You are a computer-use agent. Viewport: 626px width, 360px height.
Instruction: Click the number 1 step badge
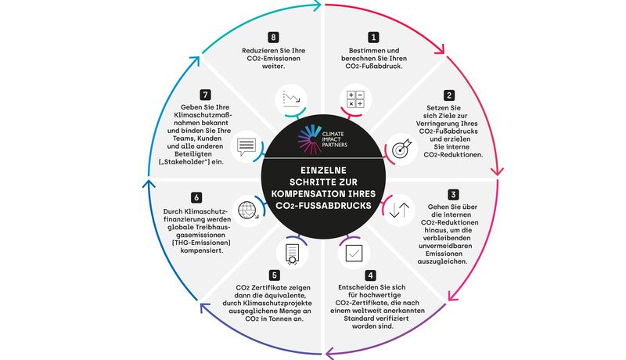pos(373,38)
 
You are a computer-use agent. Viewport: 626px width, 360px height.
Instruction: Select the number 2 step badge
pos(449,95)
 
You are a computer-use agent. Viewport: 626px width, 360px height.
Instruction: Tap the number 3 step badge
pos(453,194)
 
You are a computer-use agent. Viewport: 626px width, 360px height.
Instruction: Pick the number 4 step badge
pos(370,275)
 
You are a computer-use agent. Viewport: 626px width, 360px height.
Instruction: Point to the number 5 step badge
pos(274,275)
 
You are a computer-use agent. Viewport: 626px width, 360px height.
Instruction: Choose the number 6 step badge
pos(196,197)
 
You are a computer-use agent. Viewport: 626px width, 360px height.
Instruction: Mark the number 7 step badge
pos(205,95)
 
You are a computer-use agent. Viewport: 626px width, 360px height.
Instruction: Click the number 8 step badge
pos(273,38)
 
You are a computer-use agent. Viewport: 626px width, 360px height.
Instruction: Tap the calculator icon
pos(355,99)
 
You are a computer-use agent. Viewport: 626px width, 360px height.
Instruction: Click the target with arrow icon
pos(401,149)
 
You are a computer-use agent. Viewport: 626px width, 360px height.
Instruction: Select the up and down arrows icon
pos(399,210)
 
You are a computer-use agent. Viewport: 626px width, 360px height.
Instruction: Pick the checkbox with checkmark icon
pos(354,253)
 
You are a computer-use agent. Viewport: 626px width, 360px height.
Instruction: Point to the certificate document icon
pos(292,254)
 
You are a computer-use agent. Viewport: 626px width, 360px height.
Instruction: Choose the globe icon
pos(248,210)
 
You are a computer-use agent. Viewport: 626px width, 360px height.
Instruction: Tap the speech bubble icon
pos(246,147)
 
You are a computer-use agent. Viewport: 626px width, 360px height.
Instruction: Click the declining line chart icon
pos(291,99)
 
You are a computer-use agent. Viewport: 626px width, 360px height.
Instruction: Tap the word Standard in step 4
pos(361,319)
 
